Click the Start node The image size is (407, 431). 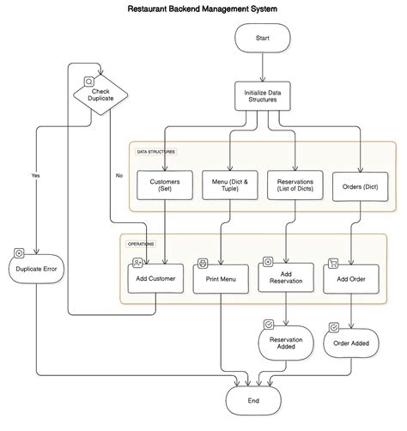pos(263,38)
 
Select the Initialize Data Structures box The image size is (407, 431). pos(263,96)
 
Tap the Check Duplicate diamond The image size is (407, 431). pos(100,94)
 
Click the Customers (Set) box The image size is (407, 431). pos(165,185)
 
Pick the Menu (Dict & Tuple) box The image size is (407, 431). pos(230,185)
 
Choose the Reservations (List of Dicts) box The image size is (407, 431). pos(295,185)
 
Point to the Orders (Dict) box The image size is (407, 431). pos(361,186)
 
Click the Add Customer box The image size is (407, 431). pos(155,278)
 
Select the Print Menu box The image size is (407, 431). pos(221,279)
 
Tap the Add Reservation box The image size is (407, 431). pos(286,277)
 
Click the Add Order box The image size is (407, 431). pos(351,279)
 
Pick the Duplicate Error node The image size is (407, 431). pos(36,269)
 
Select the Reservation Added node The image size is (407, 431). pos(286,343)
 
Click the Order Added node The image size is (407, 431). pos(351,343)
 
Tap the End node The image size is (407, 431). pos(253,401)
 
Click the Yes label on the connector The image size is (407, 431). pos(35,175)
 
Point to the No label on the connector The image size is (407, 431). pos(119,175)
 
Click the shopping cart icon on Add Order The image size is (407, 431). pos(333,264)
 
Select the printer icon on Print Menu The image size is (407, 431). pos(203,264)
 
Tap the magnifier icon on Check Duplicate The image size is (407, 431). pos(89,82)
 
